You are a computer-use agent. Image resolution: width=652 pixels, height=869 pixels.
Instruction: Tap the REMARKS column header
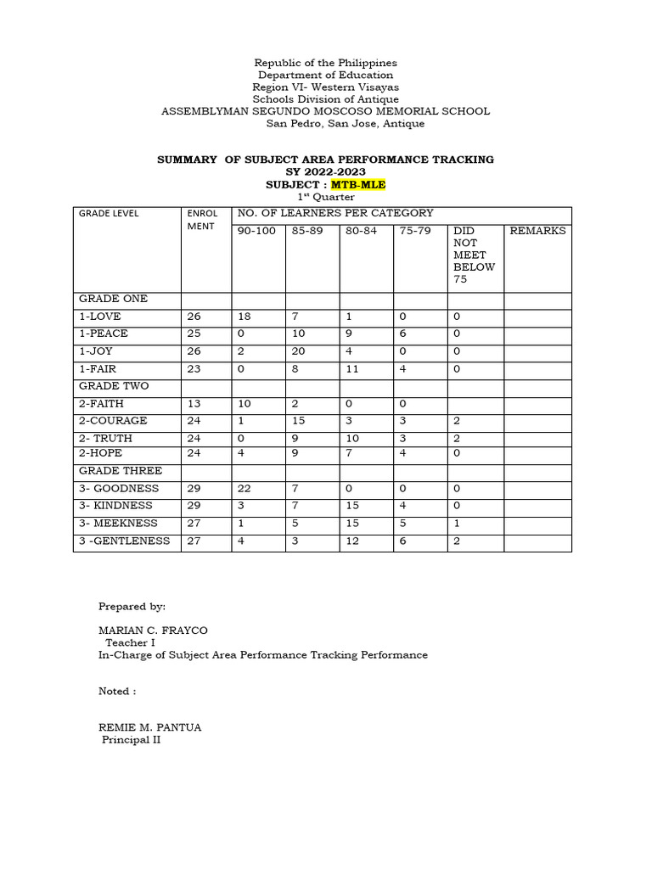coord(537,231)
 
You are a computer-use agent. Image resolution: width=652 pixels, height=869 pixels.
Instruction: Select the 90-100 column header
coord(256,231)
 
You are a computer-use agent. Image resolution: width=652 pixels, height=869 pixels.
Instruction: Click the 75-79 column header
coord(415,231)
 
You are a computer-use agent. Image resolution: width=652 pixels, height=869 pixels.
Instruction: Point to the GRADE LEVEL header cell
coord(109,213)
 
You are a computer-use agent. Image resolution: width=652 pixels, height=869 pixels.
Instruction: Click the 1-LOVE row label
coord(101,317)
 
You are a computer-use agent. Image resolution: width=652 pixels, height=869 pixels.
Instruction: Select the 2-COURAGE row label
coord(113,420)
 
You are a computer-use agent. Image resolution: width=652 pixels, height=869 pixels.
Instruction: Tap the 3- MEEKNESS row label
coord(118,523)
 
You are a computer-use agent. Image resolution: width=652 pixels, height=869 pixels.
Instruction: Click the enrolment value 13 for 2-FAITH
coord(194,404)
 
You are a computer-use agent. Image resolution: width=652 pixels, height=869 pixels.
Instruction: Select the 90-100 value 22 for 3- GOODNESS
coord(244,489)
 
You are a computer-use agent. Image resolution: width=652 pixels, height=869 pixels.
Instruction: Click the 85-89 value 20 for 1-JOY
coord(299,351)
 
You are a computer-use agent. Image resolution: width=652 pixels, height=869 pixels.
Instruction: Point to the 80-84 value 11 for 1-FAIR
coord(352,369)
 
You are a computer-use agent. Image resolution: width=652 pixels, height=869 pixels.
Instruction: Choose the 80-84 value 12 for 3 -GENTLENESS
coord(352,541)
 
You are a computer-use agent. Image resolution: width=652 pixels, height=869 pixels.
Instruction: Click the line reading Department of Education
coord(326,76)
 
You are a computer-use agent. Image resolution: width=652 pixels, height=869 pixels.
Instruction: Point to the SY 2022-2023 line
coord(326,172)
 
